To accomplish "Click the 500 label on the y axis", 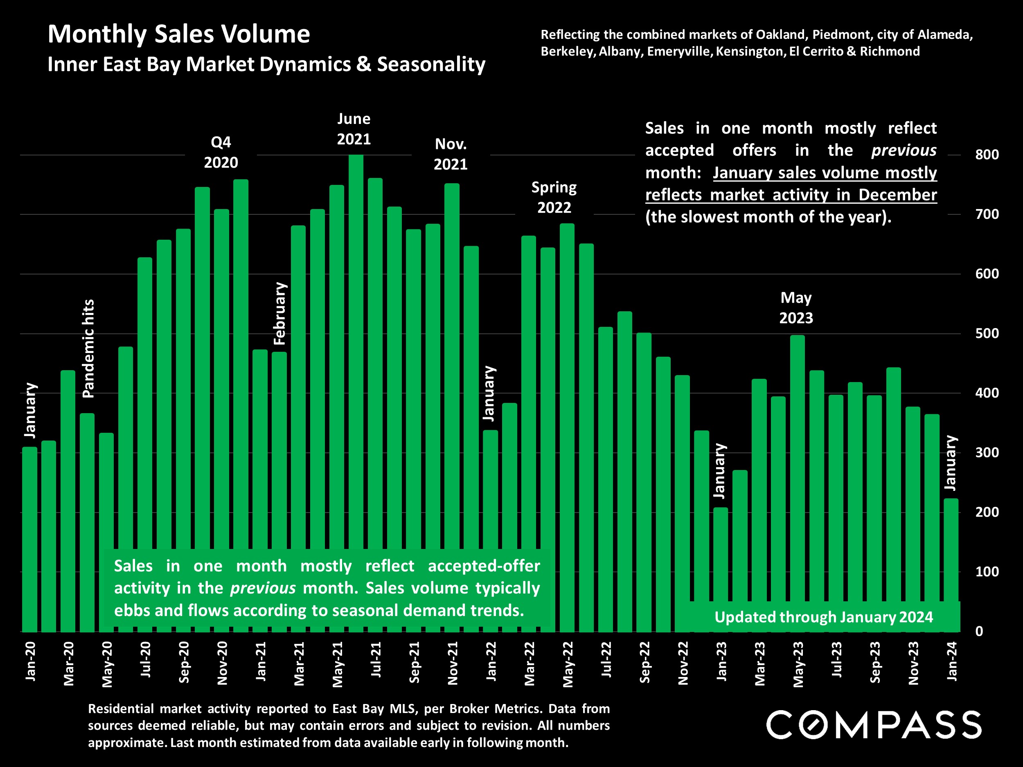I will pyautogui.click(x=987, y=334).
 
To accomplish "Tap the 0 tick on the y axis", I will pyautogui.click(x=979, y=632).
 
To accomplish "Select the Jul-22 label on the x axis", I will pyautogui.click(x=606, y=660).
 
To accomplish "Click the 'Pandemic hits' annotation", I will pyautogui.click(x=88, y=349).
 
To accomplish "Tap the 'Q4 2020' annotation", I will pyautogui.click(x=221, y=152).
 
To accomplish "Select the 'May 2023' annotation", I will pyautogui.click(x=796, y=308).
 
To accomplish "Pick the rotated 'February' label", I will pyautogui.click(x=280, y=313).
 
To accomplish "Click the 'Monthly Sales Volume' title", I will pyautogui.click(x=179, y=34).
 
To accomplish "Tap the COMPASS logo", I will pyautogui.click(x=874, y=725).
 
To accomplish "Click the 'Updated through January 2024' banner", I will pyautogui.click(x=824, y=617).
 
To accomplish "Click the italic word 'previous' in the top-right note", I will pyautogui.click(x=904, y=150).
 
